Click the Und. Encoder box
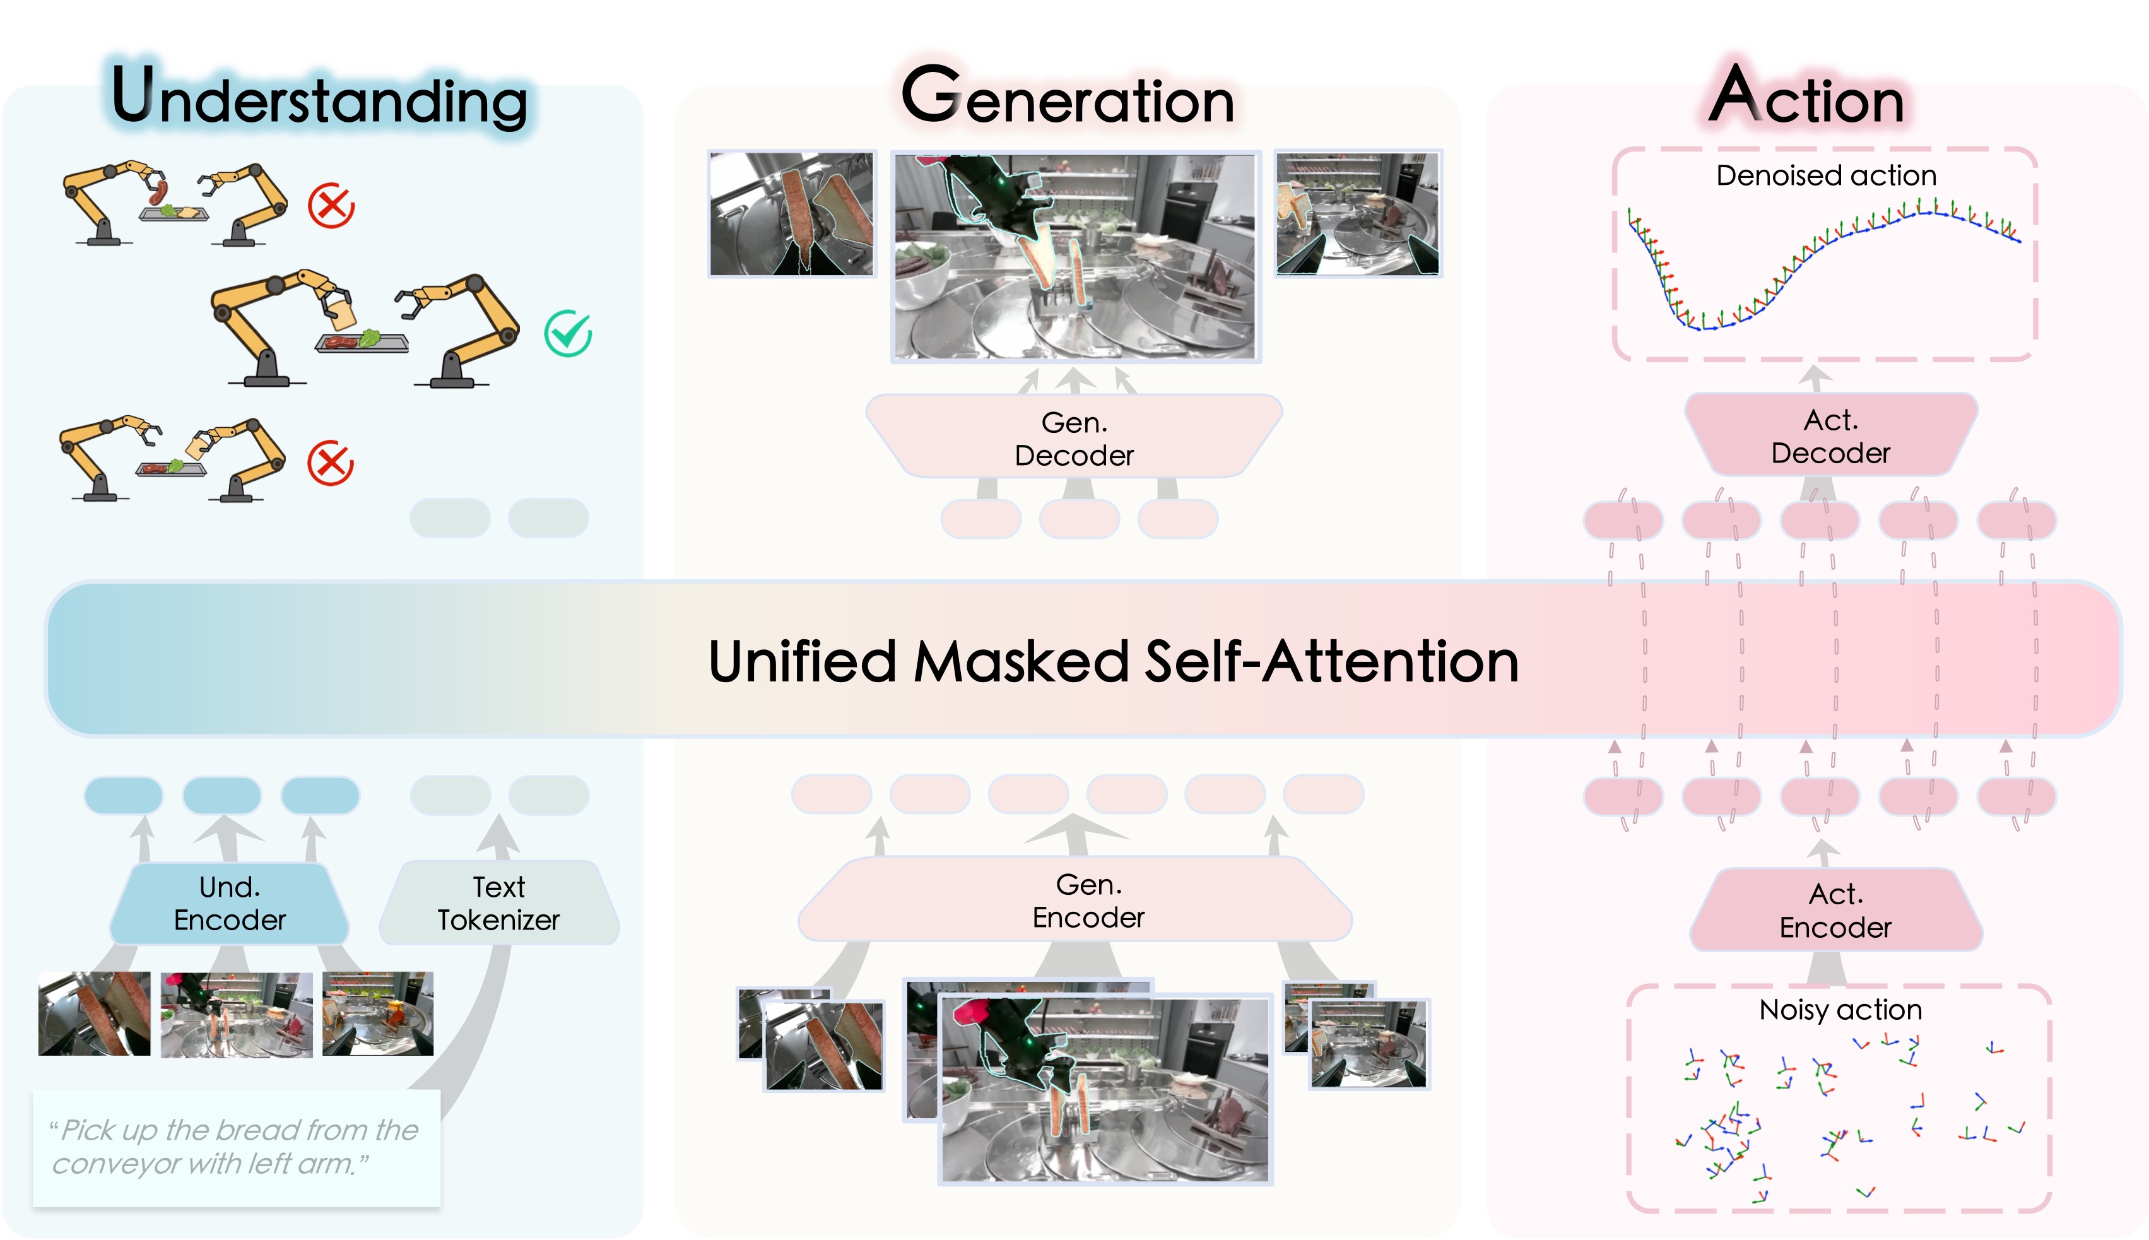(229, 904)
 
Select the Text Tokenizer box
(499, 904)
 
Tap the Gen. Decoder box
(1074, 438)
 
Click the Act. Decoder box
(1830, 436)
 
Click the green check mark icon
(568, 333)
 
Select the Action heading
(1807, 97)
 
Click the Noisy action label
(1840, 1010)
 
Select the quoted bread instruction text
(234, 1147)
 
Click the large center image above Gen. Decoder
(1075, 256)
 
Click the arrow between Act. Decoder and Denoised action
(1815, 378)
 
